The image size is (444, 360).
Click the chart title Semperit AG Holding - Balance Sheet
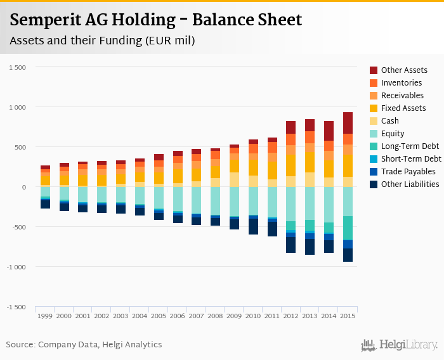(156, 20)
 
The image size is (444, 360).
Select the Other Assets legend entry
(404, 70)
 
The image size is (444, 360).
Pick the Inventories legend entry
(402, 82)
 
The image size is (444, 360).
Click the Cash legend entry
(390, 120)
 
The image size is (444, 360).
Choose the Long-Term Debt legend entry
(410, 146)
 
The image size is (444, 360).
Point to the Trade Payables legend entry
(408, 171)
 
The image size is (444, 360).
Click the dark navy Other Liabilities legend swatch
(374, 184)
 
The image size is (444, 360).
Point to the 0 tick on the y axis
(23, 187)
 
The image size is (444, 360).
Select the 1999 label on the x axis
(45, 316)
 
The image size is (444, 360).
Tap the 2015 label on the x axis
(348, 316)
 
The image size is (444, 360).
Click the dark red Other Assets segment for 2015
(348, 123)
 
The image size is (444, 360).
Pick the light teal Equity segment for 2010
(254, 201)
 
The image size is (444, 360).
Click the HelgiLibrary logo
(399, 345)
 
